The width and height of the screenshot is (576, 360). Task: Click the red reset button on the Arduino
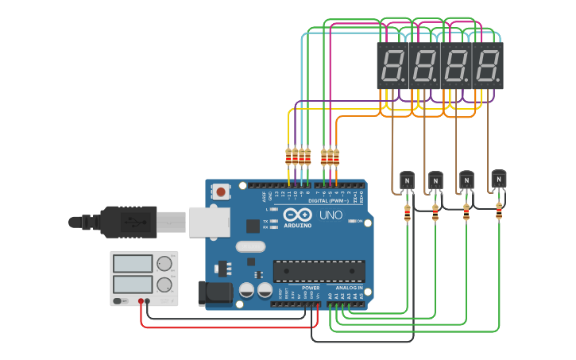pos(221,192)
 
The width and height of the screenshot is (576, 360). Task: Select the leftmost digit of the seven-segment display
pos(392,65)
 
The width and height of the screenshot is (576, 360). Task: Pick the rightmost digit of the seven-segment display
pos(488,65)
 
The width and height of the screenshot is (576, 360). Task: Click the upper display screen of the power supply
pos(133,263)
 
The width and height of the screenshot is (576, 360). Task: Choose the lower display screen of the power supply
pos(133,284)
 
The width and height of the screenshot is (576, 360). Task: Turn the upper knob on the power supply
pos(164,263)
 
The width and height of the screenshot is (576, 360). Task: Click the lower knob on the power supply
pos(164,285)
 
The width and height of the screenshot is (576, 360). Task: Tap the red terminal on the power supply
pos(141,301)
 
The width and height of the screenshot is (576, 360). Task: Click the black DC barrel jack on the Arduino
pos(215,292)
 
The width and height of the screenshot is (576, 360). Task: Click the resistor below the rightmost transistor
pos(499,211)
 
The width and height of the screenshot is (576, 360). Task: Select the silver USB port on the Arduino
pos(207,222)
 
